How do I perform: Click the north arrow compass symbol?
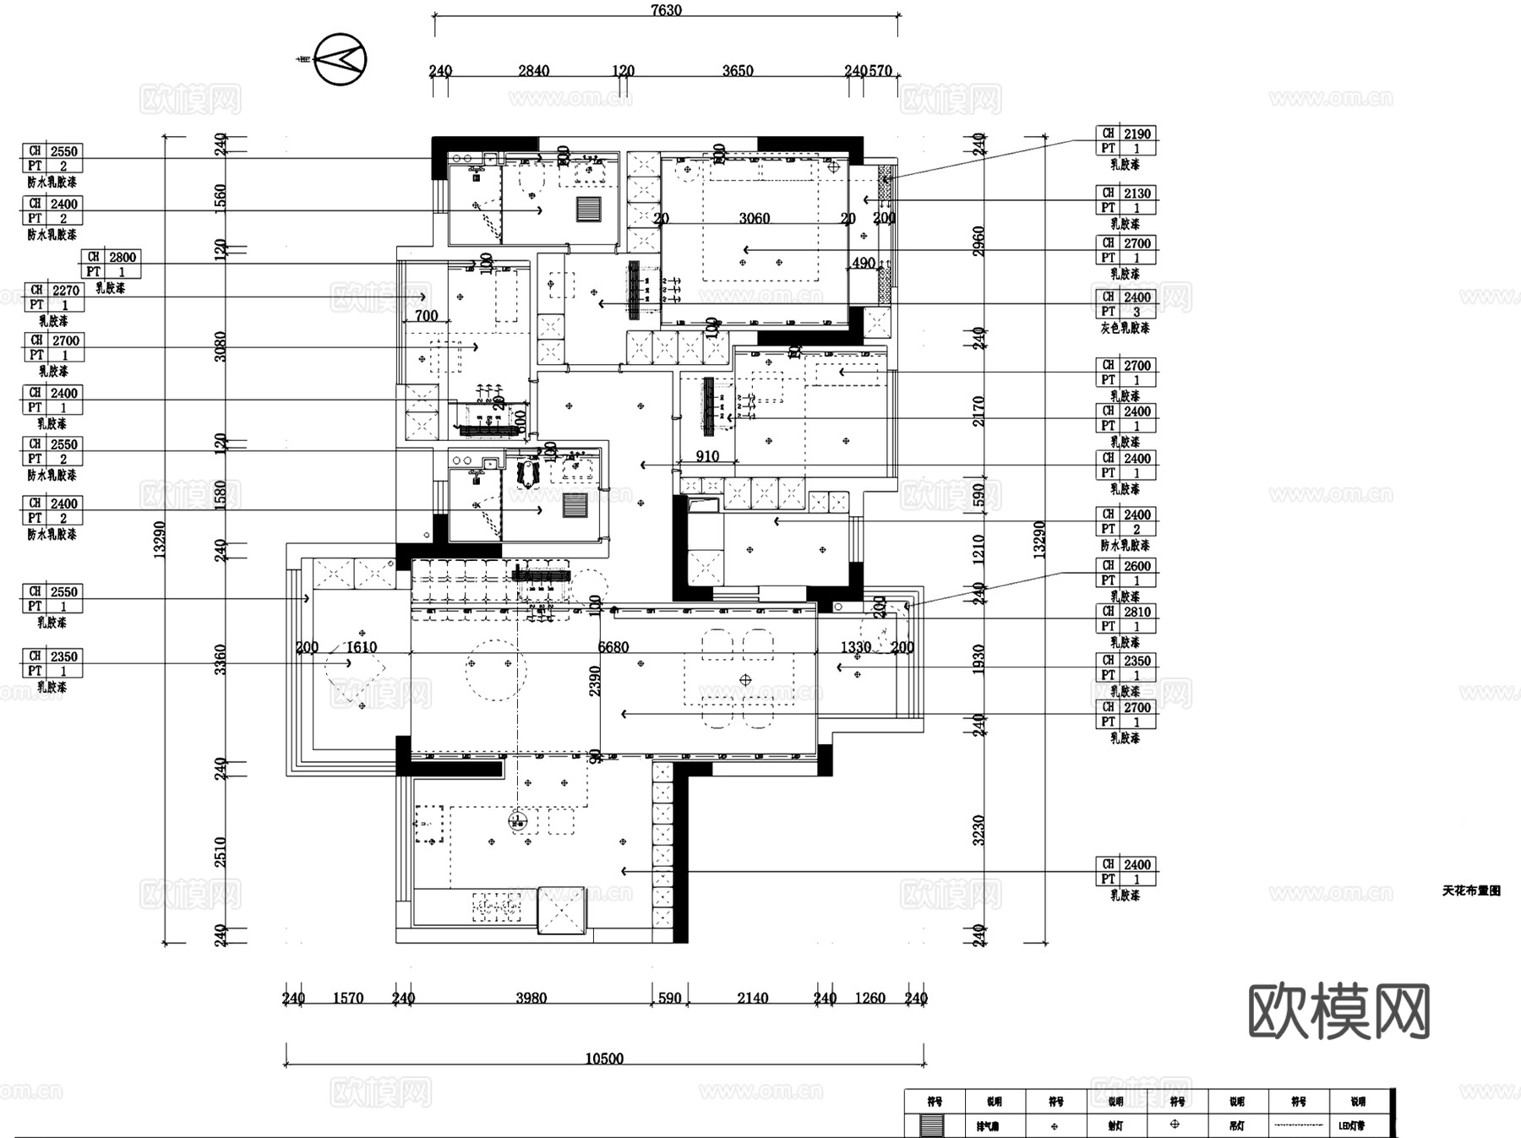pos(340,59)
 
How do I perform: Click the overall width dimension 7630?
pos(666,10)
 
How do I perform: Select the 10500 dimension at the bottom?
pos(604,1059)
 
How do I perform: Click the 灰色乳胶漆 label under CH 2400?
pos(1125,328)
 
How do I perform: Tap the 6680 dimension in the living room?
pos(613,647)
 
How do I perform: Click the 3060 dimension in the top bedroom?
pos(754,218)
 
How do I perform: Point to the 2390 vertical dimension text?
pos(595,681)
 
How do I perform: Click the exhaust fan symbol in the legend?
pos(934,1125)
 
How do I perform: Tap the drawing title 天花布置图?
pos(1471,890)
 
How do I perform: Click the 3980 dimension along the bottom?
pos(532,998)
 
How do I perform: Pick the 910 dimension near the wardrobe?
pos(707,456)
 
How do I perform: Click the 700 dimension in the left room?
pos(427,315)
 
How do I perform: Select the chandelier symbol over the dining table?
pos(745,679)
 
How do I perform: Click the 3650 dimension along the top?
pos(737,71)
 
